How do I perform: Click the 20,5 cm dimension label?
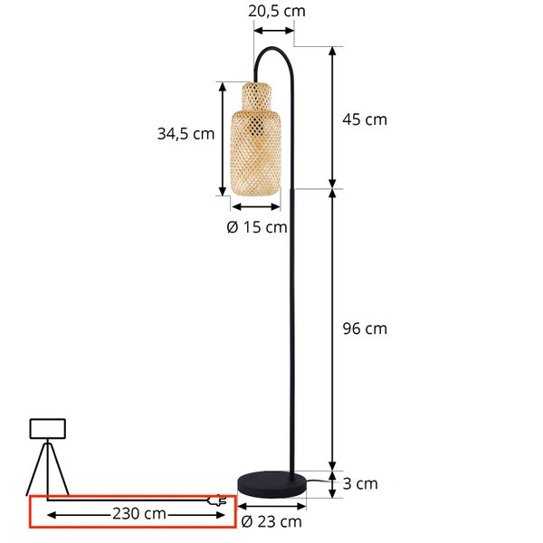[x=277, y=12]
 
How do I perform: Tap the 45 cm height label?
[x=365, y=119]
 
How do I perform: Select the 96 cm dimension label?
[x=365, y=329]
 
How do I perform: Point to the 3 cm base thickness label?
[x=360, y=484]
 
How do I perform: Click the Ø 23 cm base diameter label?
[x=271, y=521]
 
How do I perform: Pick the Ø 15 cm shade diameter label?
[x=257, y=227]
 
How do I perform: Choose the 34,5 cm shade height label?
[x=186, y=134]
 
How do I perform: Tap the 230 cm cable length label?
[x=139, y=513]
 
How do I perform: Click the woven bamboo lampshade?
[x=256, y=138]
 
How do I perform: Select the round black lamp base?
[x=271, y=483]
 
